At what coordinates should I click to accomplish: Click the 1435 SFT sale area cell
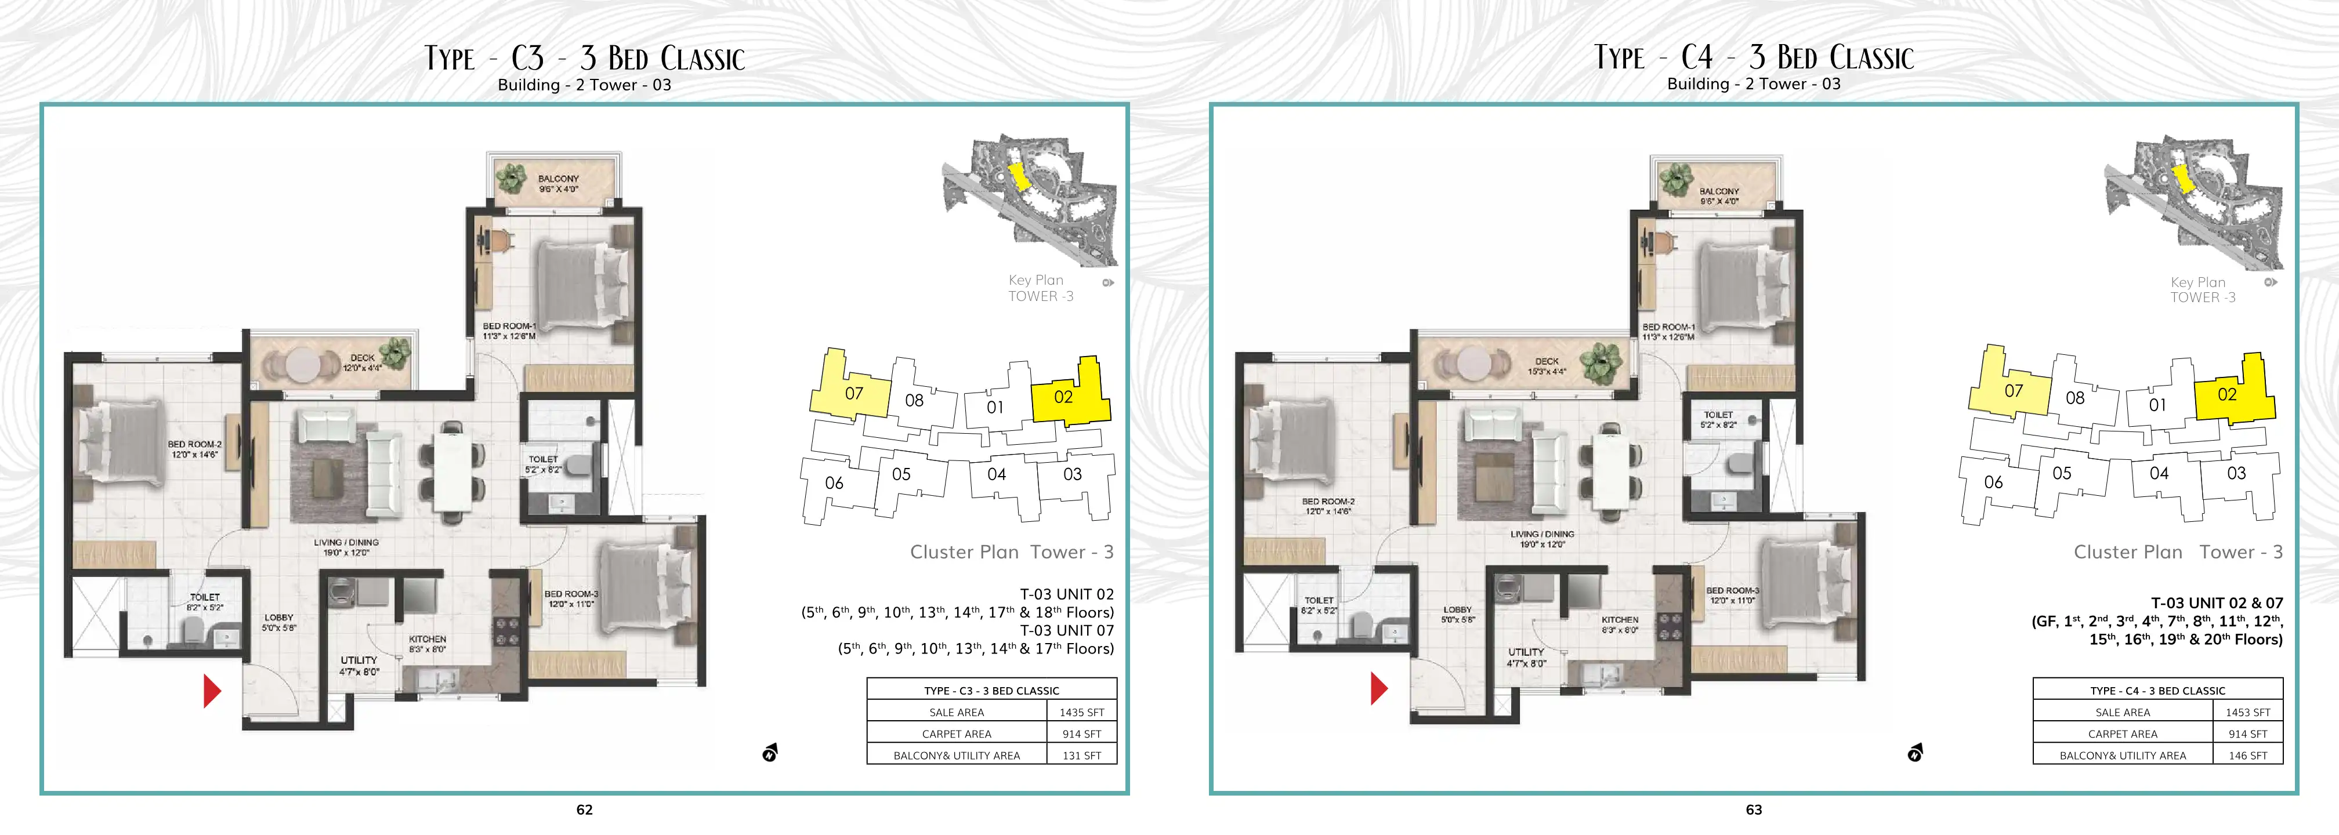[1081, 713]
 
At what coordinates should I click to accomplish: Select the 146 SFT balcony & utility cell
[2247, 755]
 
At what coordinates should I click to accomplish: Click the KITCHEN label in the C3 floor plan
[428, 639]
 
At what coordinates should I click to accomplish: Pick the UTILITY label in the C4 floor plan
[1526, 652]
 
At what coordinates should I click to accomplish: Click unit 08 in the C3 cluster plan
[914, 400]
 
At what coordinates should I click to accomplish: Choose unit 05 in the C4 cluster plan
[2062, 473]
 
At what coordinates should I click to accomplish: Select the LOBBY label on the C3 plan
[279, 617]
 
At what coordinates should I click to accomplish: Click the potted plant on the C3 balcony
[512, 178]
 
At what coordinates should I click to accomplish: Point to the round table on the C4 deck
[1471, 365]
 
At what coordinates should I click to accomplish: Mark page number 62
[585, 809]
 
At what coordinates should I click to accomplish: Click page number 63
[1753, 809]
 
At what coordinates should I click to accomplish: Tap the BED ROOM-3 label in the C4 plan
[1732, 590]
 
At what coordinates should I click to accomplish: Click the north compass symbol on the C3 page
[770, 753]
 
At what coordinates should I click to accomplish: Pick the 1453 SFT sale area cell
[2247, 713]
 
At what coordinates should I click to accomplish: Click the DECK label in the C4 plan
[1547, 361]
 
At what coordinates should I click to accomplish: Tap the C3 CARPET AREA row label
[957, 734]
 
